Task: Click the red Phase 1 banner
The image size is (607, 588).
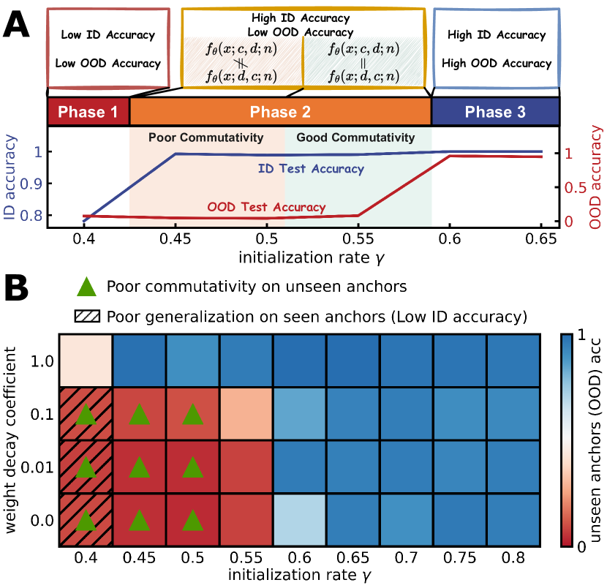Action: pos(88,112)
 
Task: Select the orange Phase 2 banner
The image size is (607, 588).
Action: pos(280,112)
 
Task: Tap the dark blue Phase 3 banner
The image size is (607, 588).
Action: pos(495,112)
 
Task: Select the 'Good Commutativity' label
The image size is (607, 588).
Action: pos(355,137)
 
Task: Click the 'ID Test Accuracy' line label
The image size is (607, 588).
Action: pos(312,169)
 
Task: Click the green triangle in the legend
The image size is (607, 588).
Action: pos(86,285)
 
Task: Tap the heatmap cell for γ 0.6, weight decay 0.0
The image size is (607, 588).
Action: pos(301,520)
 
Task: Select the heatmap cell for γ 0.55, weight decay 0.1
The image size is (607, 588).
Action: pos(246,414)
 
